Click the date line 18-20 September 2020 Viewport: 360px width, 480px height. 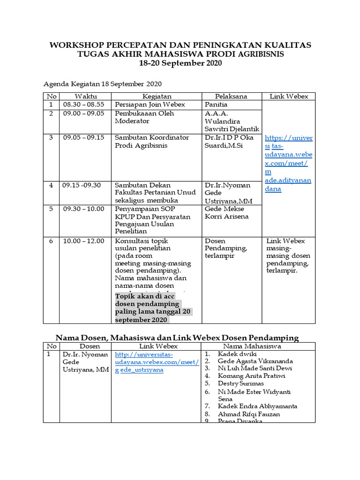pos(180,63)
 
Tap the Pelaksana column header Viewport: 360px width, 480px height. pos(231,96)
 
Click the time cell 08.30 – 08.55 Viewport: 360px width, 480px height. pos(83,105)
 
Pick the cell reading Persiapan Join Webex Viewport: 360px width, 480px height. pos(150,105)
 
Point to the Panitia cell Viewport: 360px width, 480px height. pos(216,105)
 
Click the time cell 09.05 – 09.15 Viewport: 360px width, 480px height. pos(83,138)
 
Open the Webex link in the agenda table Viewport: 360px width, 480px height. pos(288,163)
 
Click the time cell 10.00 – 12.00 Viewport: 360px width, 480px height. pos(83,241)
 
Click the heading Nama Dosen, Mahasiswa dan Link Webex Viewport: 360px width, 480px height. pos(177,337)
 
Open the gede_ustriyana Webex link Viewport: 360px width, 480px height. pos(157,362)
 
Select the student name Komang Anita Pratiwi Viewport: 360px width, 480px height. pos(251,376)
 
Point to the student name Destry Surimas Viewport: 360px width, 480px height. pos(241,383)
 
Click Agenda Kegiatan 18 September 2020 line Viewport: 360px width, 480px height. pos(103,84)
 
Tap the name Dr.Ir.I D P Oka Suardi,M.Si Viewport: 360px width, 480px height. pos(229,142)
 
